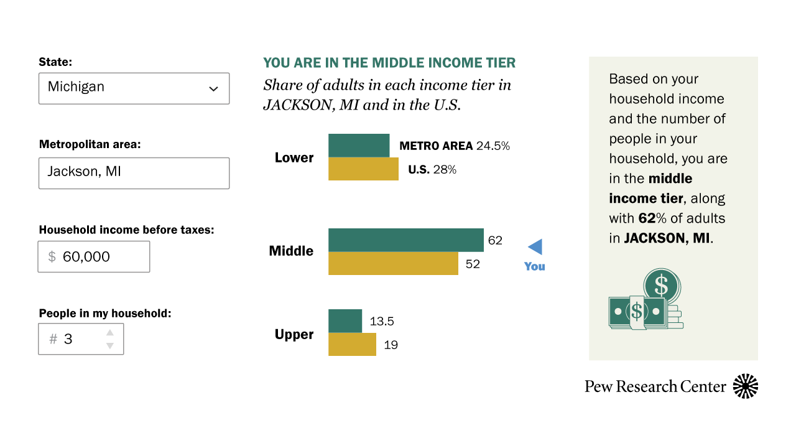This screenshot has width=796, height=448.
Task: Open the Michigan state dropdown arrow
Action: point(213,88)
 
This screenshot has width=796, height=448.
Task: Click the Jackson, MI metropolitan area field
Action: point(134,173)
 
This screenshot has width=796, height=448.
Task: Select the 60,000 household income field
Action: point(94,257)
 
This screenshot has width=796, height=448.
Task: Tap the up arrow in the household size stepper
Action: point(110,332)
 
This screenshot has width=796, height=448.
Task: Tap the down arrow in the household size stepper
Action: point(110,345)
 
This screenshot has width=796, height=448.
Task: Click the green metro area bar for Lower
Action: point(359,146)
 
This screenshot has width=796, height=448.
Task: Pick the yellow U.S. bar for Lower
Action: point(363,169)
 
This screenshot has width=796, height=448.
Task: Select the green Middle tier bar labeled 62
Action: point(406,240)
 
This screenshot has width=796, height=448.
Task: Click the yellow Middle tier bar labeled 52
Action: point(393,263)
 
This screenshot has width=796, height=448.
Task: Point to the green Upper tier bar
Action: point(345,321)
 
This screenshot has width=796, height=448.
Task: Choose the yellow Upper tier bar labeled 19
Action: point(352,344)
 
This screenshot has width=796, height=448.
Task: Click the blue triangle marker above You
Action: point(537,247)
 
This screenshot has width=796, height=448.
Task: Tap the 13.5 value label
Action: point(382,322)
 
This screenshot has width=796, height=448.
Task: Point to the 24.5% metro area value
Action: point(493,146)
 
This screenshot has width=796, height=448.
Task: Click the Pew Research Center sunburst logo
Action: point(746,386)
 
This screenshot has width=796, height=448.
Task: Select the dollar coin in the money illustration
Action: point(661,285)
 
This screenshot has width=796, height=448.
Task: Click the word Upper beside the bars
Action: point(294,335)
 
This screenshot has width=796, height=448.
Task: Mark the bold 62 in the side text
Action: point(647,218)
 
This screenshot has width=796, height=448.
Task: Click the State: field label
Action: point(55,62)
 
